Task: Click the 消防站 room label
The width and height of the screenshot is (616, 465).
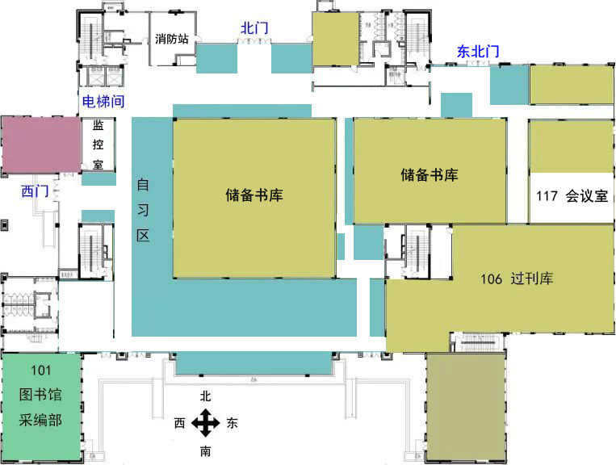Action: point(172,38)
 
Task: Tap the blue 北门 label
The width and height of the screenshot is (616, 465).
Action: point(254,27)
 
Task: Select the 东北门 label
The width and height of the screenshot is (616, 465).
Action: point(478,52)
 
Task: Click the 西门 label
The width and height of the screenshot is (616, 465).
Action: point(36,191)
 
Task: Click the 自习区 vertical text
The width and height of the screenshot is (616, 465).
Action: point(143,210)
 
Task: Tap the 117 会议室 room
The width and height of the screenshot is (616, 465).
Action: point(571,196)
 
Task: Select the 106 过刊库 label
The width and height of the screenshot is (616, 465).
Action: point(517,279)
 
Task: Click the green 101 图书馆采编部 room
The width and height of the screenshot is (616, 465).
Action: point(40,396)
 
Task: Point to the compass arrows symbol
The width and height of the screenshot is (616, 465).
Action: point(206,422)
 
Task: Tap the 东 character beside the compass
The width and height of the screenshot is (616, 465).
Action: point(233,422)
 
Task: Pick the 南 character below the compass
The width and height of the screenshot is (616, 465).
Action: point(206,450)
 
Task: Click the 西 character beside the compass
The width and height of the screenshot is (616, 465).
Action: point(179,422)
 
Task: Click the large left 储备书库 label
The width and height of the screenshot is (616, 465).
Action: point(254,195)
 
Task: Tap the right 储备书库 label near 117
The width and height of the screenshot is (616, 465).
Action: point(430,174)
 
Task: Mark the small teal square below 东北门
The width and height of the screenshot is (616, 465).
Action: point(456,105)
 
